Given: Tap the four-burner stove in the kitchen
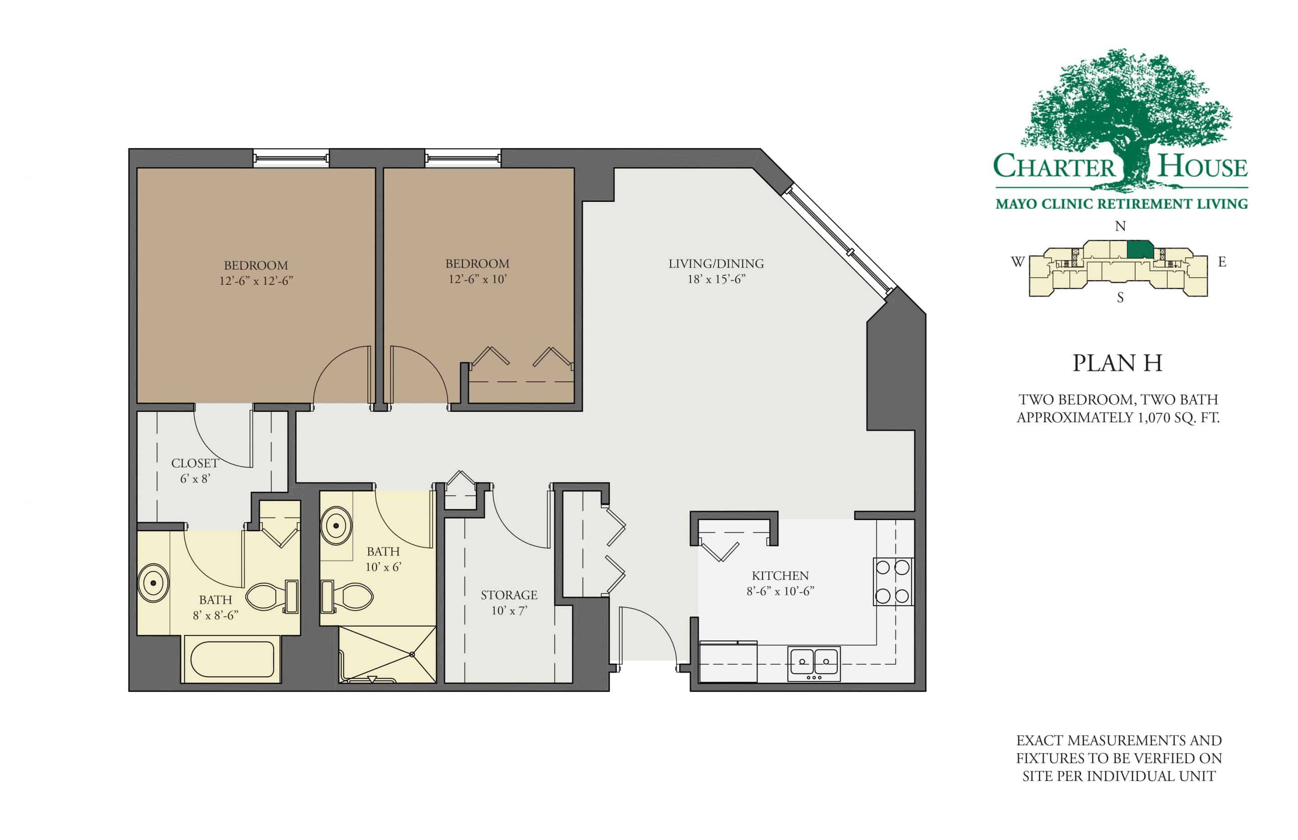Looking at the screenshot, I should click(x=892, y=581).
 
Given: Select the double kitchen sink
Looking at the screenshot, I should click(x=814, y=663).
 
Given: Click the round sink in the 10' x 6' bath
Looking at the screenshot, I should click(x=336, y=526).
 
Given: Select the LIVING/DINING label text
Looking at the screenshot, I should click(x=716, y=264).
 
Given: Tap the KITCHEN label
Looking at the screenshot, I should click(x=780, y=576).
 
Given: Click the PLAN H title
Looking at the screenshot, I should click(x=1117, y=363).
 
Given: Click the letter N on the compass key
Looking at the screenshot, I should click(x=1120, y=226).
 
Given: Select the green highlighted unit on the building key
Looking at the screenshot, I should click(x=1140, y=250).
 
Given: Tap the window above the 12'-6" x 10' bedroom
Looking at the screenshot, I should click(x=462, y=158).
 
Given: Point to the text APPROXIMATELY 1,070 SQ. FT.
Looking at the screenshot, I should click(x=1118, y=418).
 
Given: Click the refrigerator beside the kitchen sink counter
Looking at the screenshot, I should click(x=727, y=662).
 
